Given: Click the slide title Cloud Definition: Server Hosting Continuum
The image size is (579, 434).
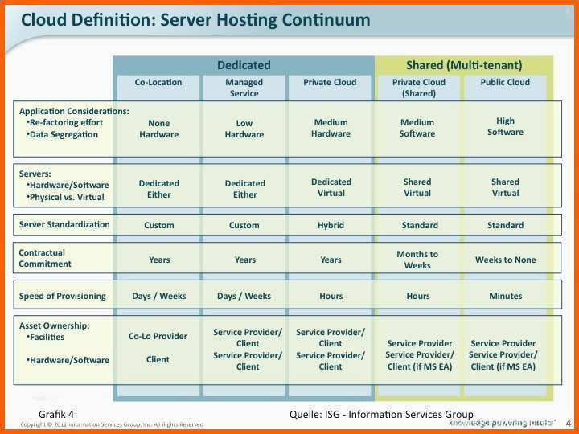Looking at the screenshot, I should (x=195, y=20).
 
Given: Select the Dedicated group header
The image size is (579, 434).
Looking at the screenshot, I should (x=244, y=65).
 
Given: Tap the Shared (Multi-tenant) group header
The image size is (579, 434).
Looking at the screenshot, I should (x=464, y=65).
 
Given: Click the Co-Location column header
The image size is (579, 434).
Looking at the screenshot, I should (x=158, y=82).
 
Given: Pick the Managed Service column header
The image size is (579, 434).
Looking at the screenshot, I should (x=244, y=88).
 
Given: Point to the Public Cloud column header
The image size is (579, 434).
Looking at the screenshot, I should (x=505, y=82).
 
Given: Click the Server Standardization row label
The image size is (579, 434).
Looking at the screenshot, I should (x=64, y=224).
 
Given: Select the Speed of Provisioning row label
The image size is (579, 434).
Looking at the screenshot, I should (x=62, y=296).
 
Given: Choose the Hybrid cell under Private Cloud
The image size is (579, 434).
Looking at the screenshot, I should (x=331, y=225).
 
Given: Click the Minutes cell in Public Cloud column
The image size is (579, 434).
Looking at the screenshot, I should (x=505, y=296).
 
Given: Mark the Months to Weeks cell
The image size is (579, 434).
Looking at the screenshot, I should (x=417, y=260).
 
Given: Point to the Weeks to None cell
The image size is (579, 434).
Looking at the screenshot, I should (x=505, y=260).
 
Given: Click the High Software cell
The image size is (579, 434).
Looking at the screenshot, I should (x=505, y=126).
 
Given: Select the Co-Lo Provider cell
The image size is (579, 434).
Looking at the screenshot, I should (x=158, y=336).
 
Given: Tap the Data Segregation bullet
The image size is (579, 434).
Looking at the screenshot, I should (x=63, y=134).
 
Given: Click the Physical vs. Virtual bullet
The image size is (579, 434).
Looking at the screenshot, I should (x=68, y=196).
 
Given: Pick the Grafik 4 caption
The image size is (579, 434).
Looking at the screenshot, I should (x=56, y=414).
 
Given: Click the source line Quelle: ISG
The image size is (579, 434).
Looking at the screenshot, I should (x=381, y=414).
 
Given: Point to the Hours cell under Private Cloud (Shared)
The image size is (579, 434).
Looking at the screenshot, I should (x=417, y=296).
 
